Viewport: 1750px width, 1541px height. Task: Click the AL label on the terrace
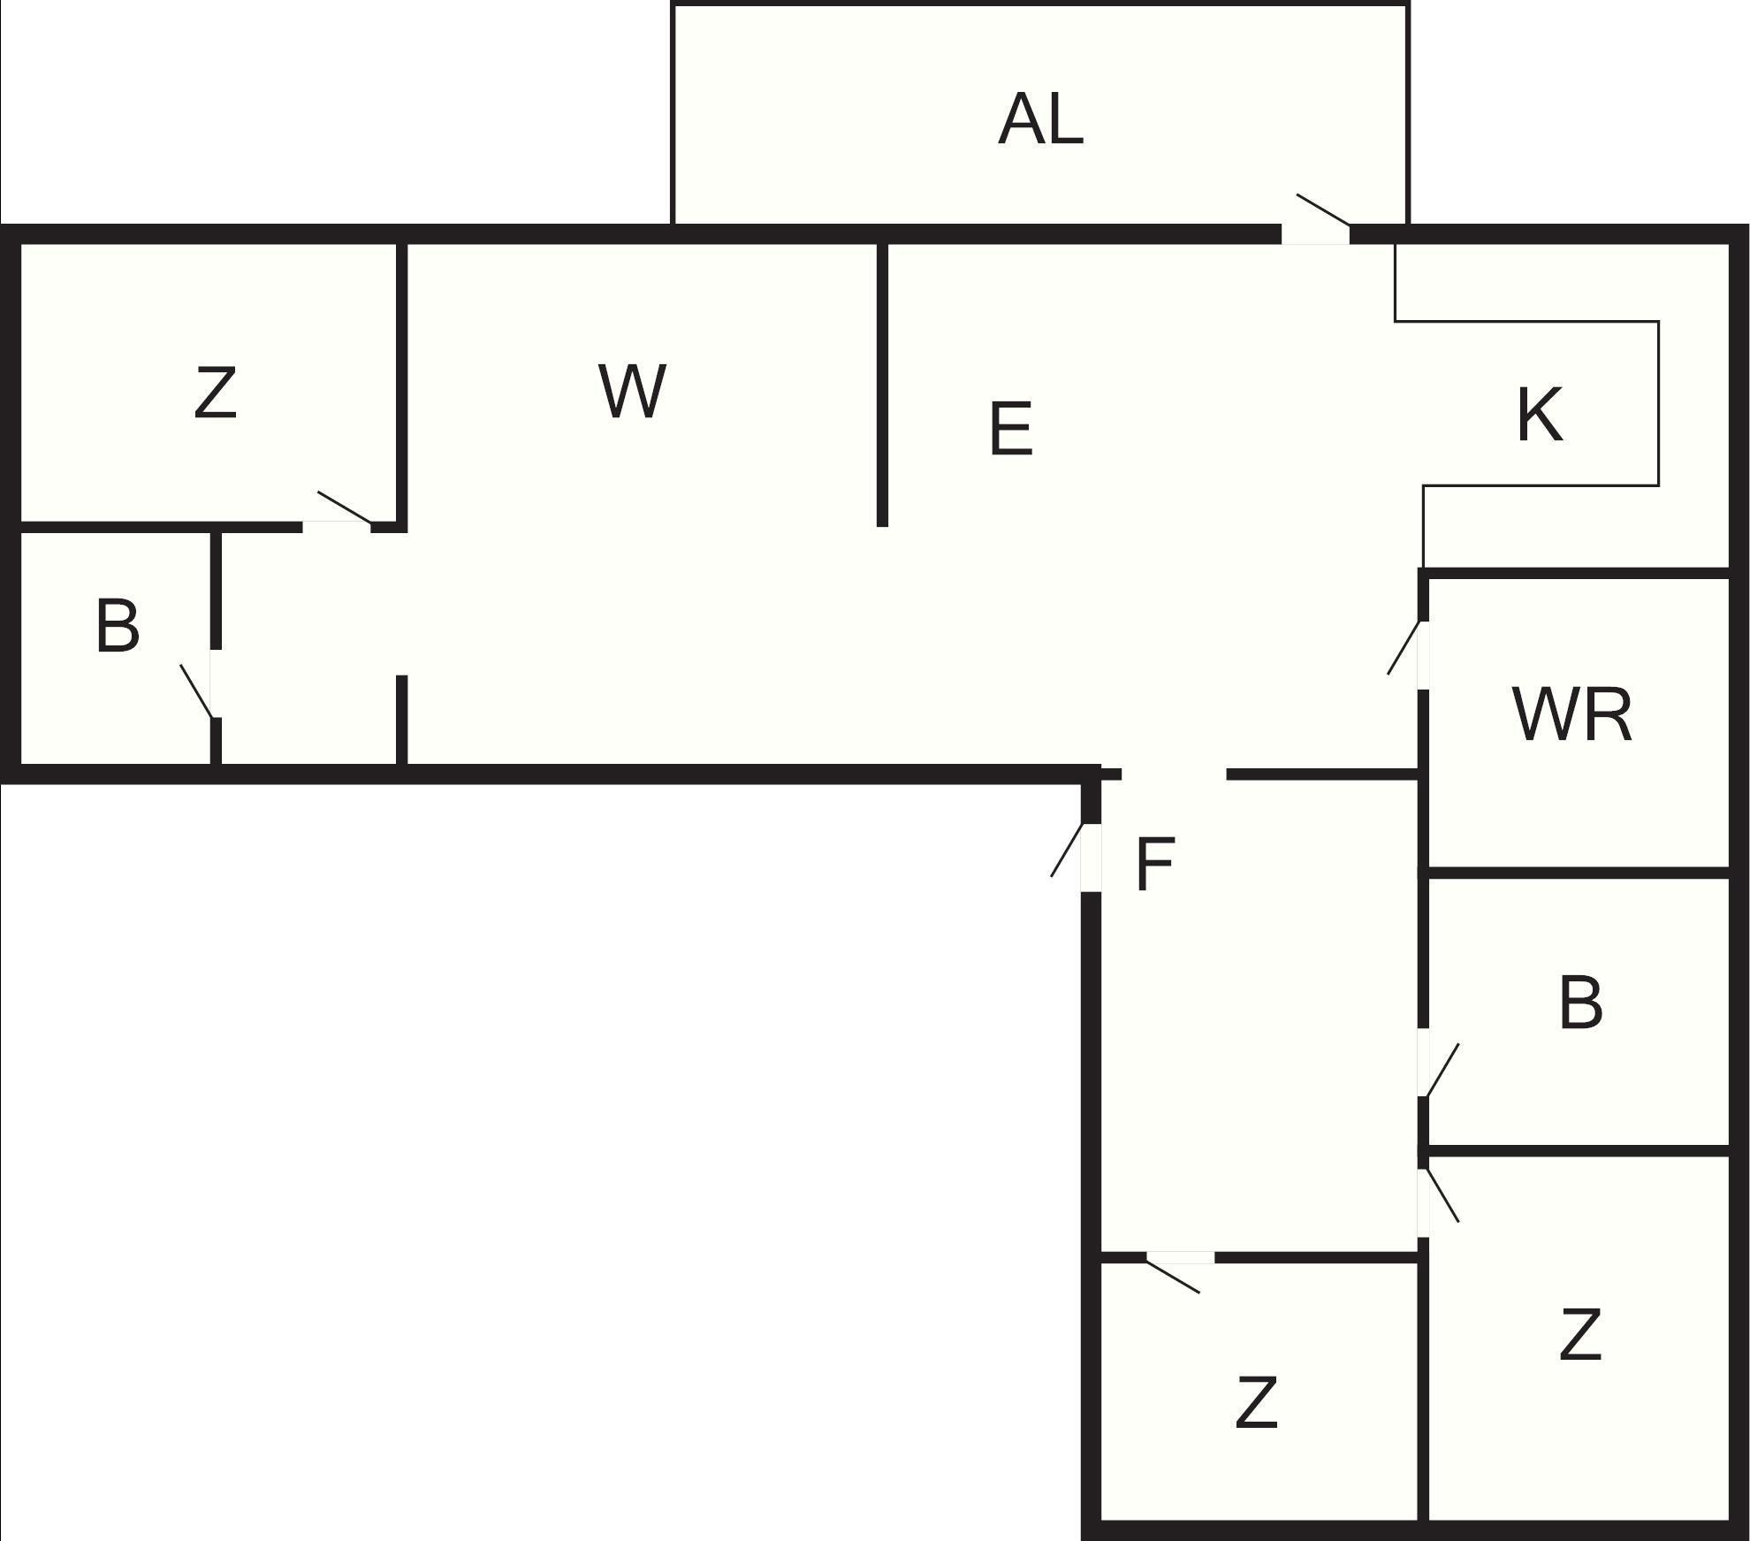[x=1040, y=120]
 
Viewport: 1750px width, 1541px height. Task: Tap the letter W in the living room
[x=631, y=391]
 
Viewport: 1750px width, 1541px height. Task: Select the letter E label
[x=1011, y=430]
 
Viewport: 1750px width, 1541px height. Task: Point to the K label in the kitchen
[x=1539, y=415]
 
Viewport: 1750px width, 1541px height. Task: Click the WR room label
[x=1571, y=715]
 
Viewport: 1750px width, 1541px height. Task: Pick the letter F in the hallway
[x=1154, y=865]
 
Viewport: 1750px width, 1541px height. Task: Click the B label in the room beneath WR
[x=1580, y=1003]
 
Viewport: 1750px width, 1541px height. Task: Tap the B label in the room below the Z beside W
[x=117, y=627]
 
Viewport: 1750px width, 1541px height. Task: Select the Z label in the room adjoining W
[x=215, y=393]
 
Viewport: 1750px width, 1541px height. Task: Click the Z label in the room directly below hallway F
[x=1255, y=1401]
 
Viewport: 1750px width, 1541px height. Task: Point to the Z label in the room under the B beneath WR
[x=1579, y=1335]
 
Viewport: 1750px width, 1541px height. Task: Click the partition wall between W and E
[x=881, y=385]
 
